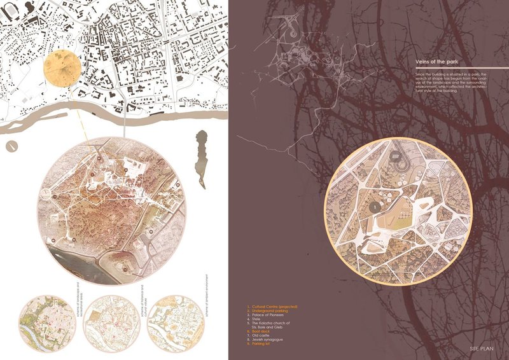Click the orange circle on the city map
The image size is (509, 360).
62,72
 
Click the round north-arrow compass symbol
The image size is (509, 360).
11,147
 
